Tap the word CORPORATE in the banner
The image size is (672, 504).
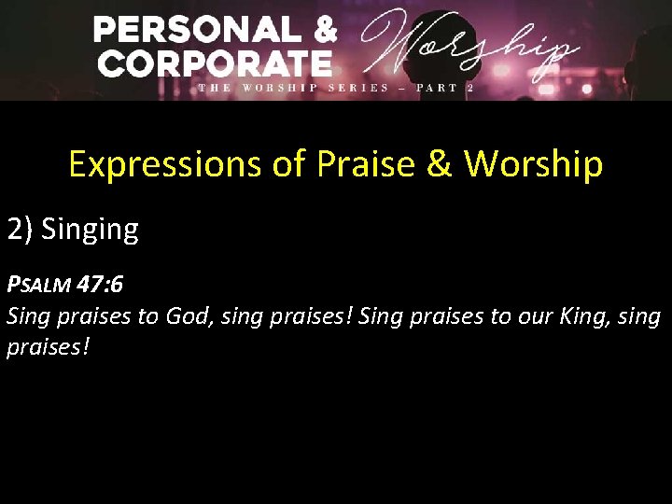pos(215,64)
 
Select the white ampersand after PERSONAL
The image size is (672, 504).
pos(322,30)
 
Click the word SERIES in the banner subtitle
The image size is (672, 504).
pos(358,88)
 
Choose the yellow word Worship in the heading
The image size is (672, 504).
pos(534,165)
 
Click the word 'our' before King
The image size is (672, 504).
pos(539,316)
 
